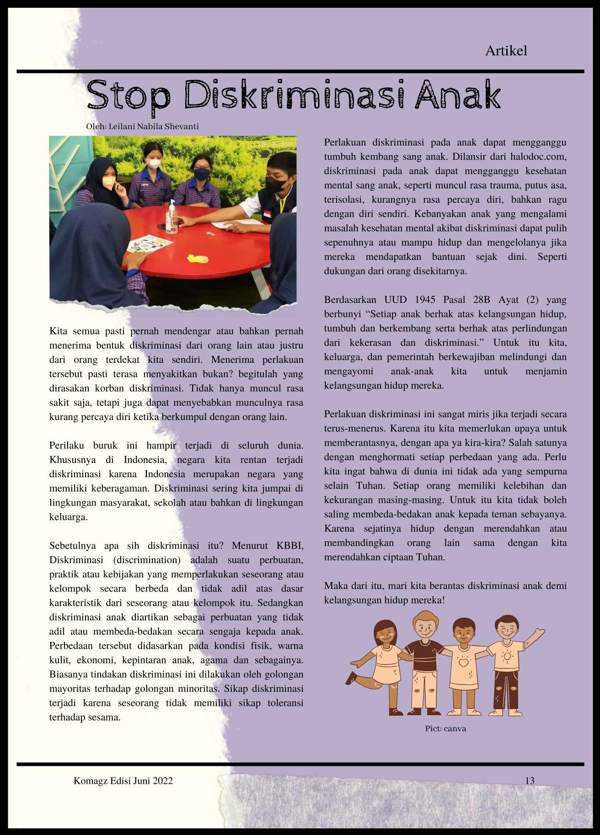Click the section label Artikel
(506, 50)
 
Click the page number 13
(530, 781)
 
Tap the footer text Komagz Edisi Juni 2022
(123, 781)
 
